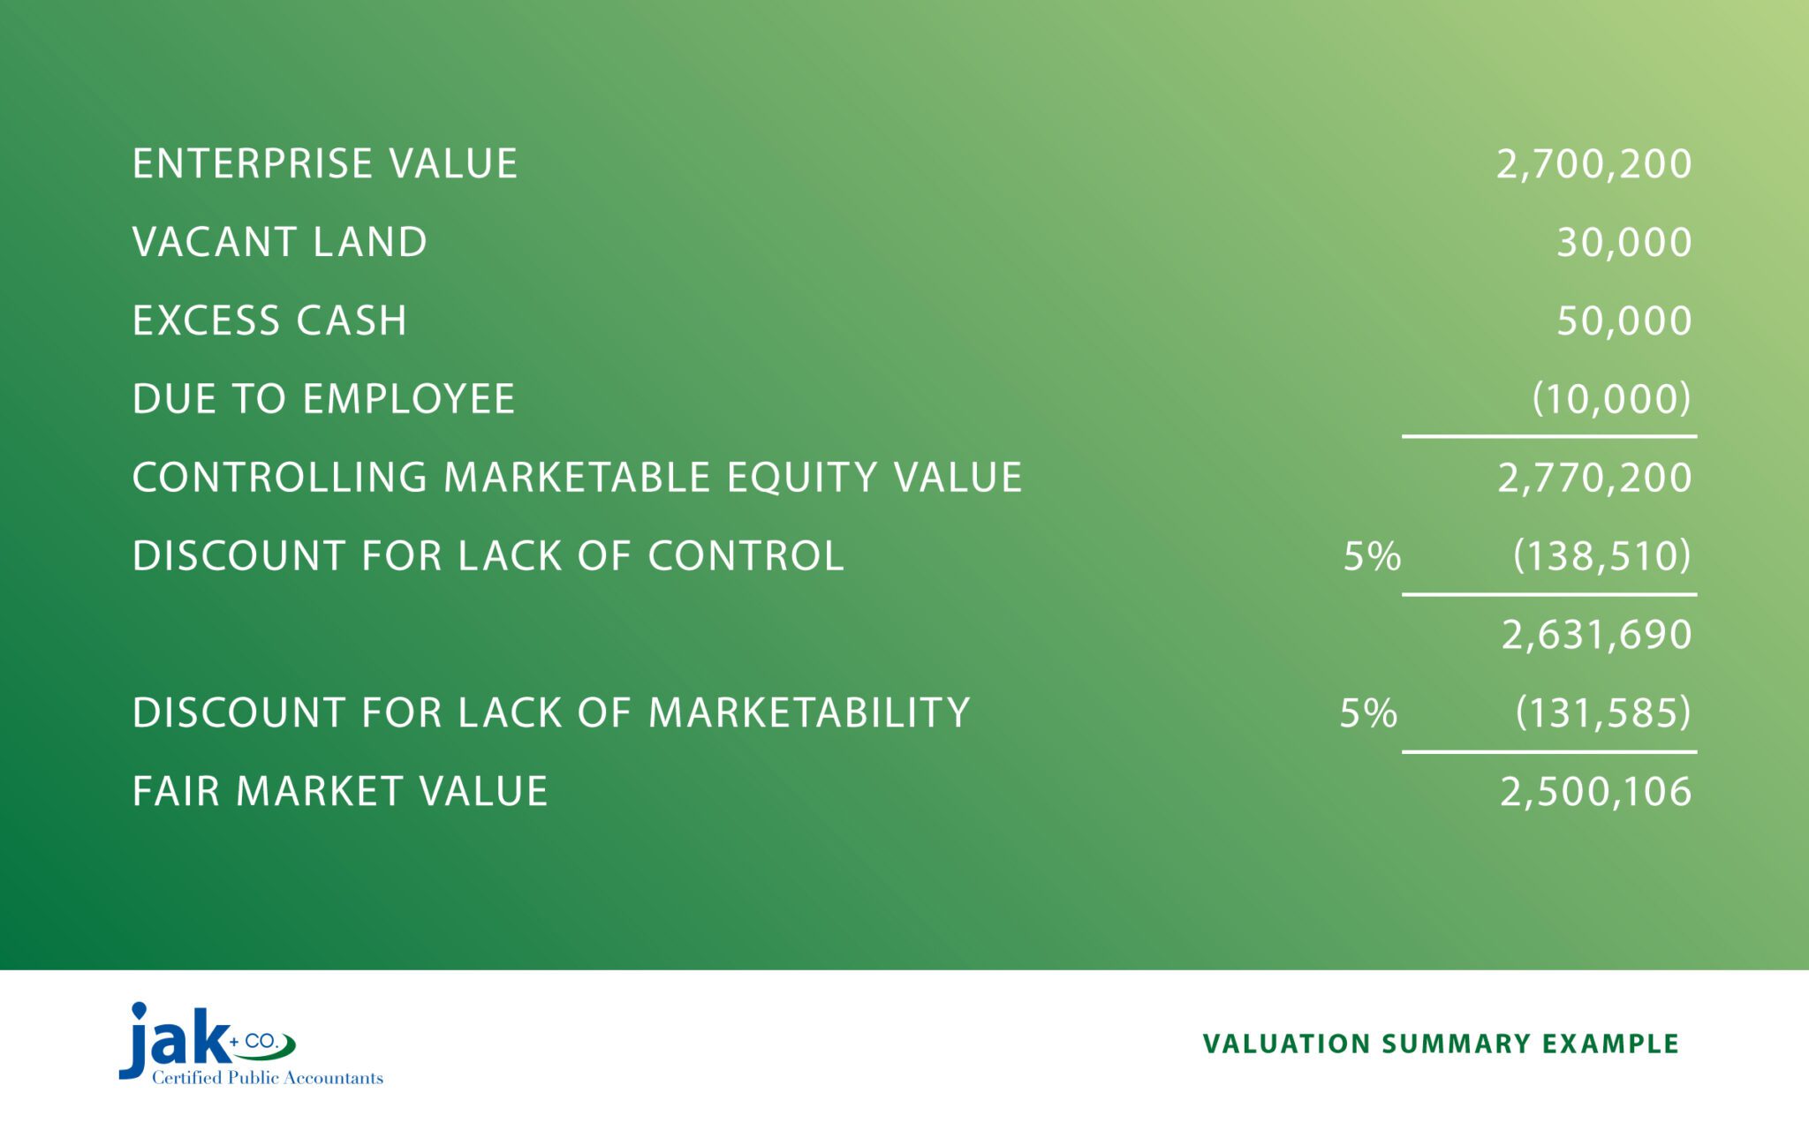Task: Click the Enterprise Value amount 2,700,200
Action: pos(1593,164)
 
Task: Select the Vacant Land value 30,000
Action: pos(1624,243)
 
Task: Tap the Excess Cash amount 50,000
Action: pos(1624,320)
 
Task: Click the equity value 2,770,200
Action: pos(1594,478)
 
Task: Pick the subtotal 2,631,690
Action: pos(1596,635)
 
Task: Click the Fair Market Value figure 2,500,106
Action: pos(1595,792)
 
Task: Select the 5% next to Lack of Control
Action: pos(1372,556)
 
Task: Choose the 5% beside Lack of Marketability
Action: pos(1368,713)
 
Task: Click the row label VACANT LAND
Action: pos(280,243)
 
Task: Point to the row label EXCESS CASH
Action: pos(269,320)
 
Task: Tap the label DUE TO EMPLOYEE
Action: pos(323,399)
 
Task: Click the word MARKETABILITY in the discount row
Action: pos(809,713)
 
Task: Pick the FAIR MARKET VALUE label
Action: pos(340,792)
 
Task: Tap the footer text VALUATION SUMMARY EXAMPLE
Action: pos(1440,1044)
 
